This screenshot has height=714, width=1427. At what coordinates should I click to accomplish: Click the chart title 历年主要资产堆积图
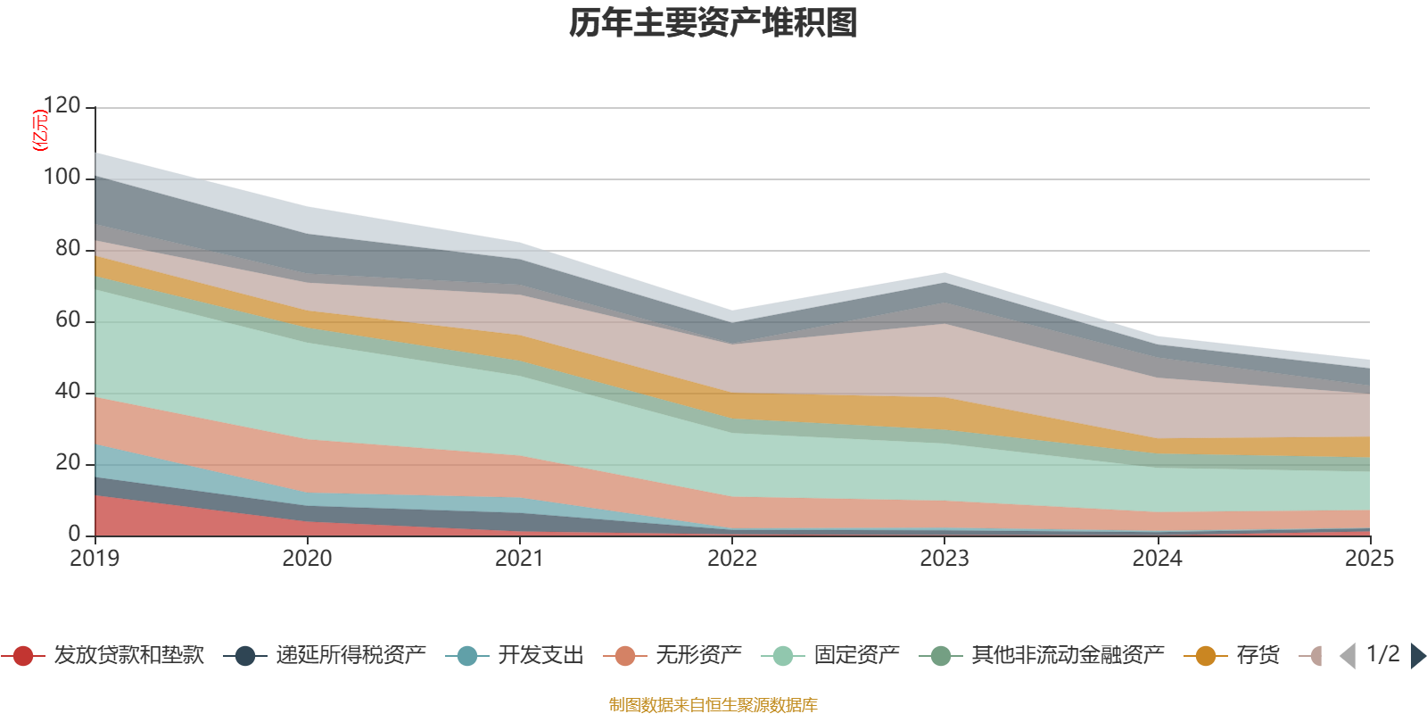click(x=713, y=23)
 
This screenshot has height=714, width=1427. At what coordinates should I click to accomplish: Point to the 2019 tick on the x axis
click(x=95, y=559)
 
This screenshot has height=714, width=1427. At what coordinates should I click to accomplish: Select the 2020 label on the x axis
click(x=307, y=559)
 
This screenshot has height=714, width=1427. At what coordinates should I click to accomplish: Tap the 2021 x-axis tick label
click(x=519, y=559)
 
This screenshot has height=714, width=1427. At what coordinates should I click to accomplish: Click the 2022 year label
click(x=732, y=559)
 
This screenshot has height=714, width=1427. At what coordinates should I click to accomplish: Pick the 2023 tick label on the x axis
click(x=944, y=559)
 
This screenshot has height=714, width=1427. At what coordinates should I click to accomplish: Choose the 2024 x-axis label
click(x=1157, y=559)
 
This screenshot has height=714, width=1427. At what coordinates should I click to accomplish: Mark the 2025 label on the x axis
click(x=1368, y=559)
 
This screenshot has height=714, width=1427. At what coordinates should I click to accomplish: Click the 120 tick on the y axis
click(x=62, y=106)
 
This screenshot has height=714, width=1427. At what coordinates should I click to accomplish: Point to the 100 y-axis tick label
click(x=62, y=178)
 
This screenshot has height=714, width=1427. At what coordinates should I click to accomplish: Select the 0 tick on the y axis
click(x=74, y=534)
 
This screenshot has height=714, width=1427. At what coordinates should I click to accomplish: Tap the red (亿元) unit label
click(x=40, y=130)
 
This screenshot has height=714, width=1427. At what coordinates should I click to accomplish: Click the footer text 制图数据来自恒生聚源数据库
click(x=713, y=705)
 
